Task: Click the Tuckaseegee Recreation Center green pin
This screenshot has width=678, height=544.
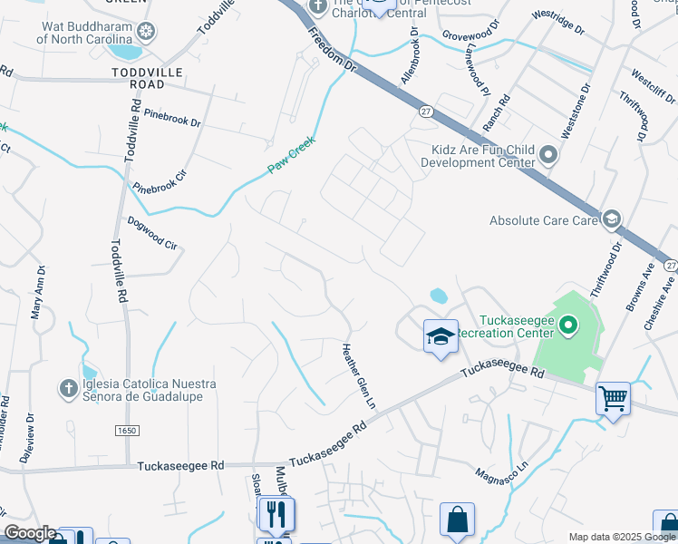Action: click(568, 324)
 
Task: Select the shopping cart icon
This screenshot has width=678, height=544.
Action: click(613, 398)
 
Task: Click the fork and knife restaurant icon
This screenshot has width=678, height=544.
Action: click(276, 514)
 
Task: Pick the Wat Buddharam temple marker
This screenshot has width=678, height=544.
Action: click(145, 32)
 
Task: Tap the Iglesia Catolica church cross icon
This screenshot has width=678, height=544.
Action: click(68, 389)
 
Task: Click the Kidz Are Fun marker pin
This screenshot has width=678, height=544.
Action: click(547, 156)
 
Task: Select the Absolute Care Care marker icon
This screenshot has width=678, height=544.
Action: click(612, 219)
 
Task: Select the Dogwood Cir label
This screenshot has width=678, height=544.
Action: click(151, 232)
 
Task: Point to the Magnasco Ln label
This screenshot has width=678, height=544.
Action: click(500, 473)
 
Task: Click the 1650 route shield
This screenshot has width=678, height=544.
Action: click(126, 432)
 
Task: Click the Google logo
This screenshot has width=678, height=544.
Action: click(29, 533)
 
